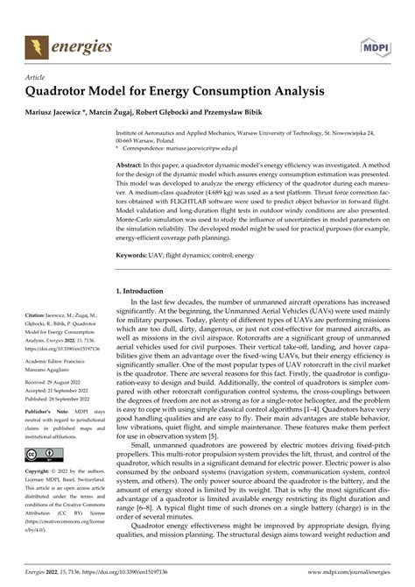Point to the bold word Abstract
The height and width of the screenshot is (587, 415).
pyautogui.click(x=131, y=165)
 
